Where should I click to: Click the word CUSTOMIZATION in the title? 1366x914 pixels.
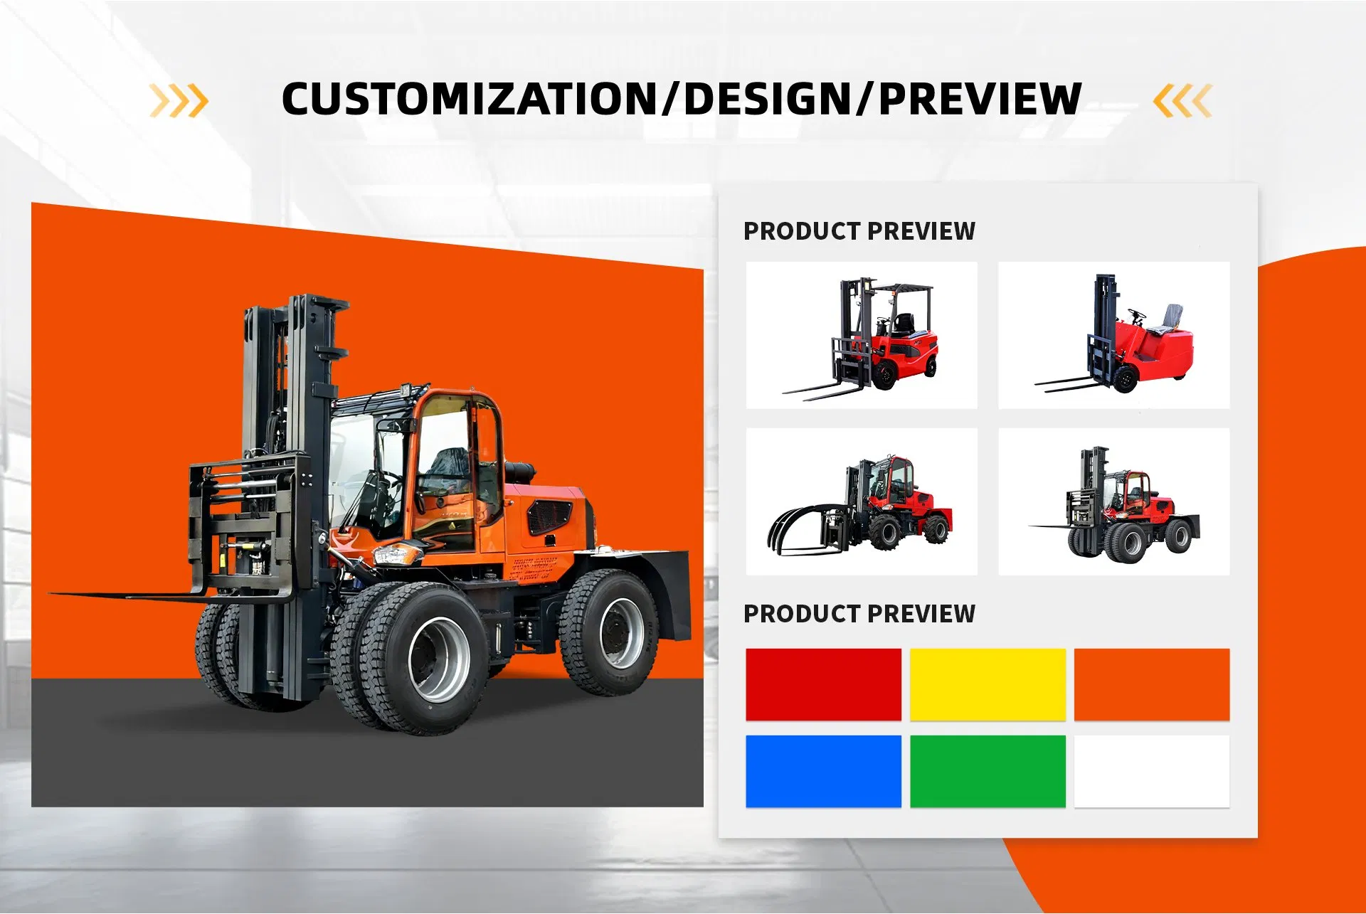[x=470, y=100]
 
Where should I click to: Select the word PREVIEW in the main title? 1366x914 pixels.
[x=980, y=100]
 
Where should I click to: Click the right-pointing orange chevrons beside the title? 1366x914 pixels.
[x=179, y=100]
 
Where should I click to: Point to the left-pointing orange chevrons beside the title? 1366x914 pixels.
[x=1182, y=100]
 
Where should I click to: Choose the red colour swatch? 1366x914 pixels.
[x=823, y=684]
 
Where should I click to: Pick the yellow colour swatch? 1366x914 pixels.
[x=988, y=684]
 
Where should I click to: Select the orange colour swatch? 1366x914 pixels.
[x=1151, y=684]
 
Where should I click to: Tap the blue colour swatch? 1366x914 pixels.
[x=823, y=771]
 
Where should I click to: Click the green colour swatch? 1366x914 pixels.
[x=988, y=771]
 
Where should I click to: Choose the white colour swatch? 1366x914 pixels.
[x=1151, y=771]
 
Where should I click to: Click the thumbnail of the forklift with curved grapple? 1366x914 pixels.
[x=862, y=501]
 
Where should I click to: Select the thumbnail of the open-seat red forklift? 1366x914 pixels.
[x=1113, y=335]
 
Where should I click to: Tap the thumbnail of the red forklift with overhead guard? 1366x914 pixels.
[x=862, y=335]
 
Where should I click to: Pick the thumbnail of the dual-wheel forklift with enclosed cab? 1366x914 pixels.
[x=1113, y=501]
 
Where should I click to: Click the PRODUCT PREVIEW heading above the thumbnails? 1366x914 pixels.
[x=859, y=231]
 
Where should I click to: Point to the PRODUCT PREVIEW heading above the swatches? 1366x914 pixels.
[x=859, y=613]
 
